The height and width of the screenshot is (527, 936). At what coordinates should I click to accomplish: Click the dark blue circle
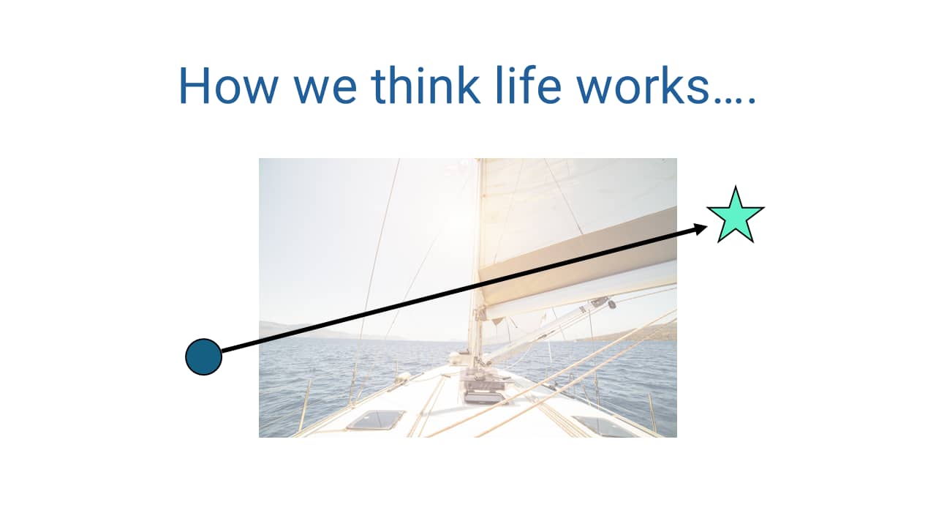[x=203, y=357]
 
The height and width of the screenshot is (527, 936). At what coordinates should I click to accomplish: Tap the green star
[x=735, y=216]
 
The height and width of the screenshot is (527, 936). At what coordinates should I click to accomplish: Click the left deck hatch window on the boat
[x=375, y=419]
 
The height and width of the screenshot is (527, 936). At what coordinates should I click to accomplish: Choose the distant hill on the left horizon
[x=292, y=329]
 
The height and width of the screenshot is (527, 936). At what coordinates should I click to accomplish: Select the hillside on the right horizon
[x=643, y=333]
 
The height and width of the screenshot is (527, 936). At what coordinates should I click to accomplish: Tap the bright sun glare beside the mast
[x=453, y=212]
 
